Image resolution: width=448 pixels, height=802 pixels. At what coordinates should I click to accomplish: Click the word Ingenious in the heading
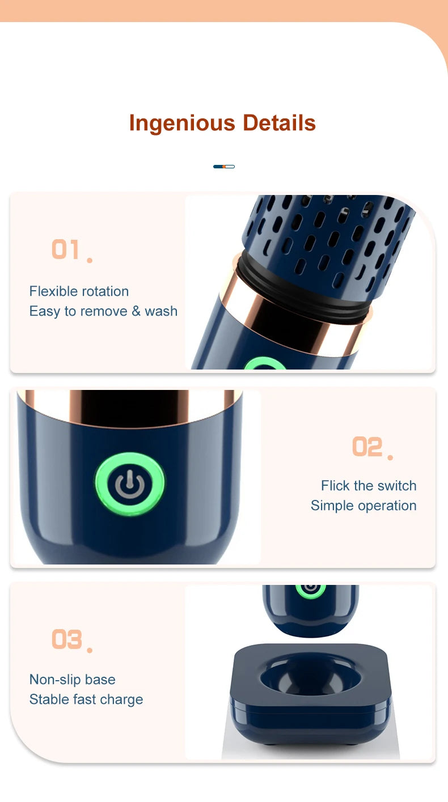[181, 123]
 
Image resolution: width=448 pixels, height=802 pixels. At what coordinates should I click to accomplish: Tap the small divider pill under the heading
[224, 167]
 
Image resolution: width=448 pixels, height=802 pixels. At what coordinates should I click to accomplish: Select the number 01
[66, 249]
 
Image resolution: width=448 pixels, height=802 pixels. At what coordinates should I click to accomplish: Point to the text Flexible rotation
[79, 291]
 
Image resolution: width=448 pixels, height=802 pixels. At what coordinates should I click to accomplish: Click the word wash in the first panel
[161, 311]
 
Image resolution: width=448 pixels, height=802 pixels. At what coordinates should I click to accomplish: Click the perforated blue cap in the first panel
[335, 232]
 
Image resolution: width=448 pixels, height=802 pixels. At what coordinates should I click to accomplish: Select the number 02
[367, 447]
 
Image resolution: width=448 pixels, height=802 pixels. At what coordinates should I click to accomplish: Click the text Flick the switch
[369, 486]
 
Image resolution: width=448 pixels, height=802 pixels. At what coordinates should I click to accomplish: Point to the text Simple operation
[364, 506]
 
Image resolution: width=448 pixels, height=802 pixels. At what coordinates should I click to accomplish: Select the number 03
[66, 639]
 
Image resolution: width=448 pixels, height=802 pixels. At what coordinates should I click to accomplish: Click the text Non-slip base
[72, 680]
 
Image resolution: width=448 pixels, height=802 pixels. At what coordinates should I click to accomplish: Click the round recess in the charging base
[311, 677]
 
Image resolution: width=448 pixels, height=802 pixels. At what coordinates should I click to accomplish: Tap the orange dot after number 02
[390, 457]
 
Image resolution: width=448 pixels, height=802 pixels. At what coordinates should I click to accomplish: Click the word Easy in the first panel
[44, 311]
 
